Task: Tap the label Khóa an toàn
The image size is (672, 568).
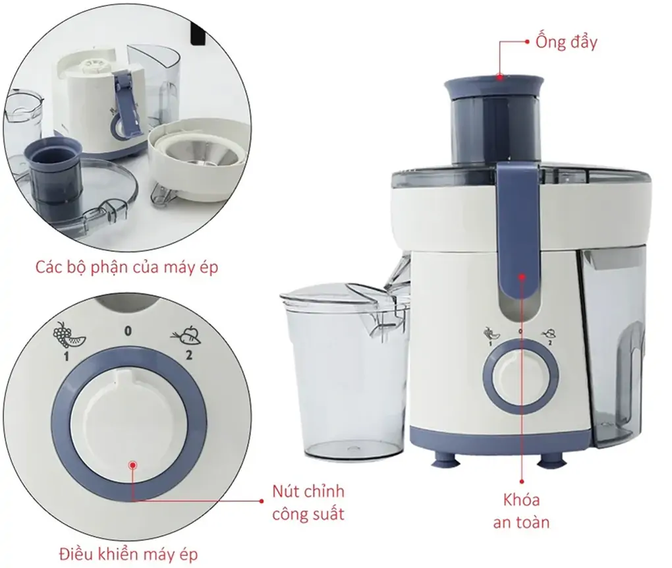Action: point(521,511)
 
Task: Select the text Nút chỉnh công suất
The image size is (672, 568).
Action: point(308,502)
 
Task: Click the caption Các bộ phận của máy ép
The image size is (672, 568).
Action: point(126,268)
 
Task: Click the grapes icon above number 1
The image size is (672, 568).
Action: point(64,335)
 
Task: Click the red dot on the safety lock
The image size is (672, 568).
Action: point(521,277)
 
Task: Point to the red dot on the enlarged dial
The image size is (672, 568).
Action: point(132,465)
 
